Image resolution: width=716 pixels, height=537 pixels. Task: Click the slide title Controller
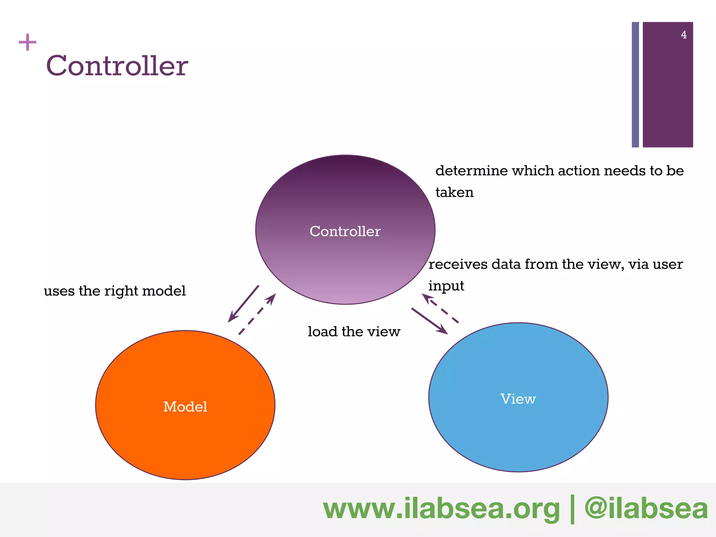coord(117,66)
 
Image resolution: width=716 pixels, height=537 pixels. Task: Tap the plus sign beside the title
coord(28,42)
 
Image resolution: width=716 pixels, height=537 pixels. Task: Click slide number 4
coord(683,35)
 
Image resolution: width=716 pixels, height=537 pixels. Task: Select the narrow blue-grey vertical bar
coord(635,85)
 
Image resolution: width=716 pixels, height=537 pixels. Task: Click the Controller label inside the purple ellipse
coord(345,231)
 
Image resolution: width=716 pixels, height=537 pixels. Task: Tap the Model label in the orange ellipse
coord(185,407)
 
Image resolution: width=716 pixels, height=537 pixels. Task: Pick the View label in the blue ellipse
coord(518,399)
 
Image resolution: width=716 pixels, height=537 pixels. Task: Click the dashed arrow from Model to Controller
coord(257,314)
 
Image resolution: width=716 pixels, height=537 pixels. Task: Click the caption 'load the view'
coord(354,331)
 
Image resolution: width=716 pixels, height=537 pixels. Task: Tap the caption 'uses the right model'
coord(115,291)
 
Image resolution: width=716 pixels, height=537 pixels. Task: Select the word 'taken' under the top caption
coord(454,193)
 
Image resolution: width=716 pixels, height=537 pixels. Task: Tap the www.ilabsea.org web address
coord(441,509)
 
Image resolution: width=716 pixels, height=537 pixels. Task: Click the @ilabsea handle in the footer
coord(646,509)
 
